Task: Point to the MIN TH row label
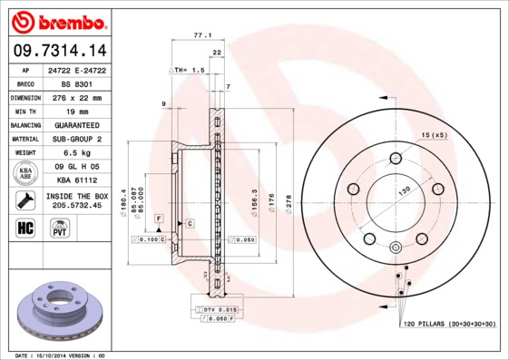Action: click(24, 111)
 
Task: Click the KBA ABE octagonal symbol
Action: click(25, 174)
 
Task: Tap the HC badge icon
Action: click(25, 227)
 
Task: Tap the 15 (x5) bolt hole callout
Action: click(433, 135)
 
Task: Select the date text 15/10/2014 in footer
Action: click(59, 355)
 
